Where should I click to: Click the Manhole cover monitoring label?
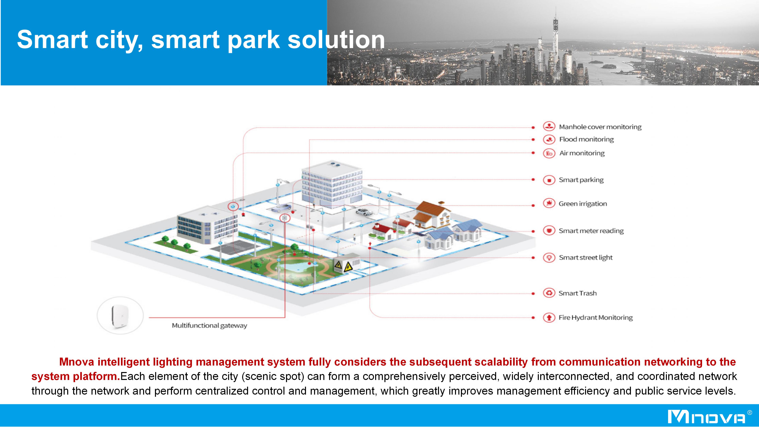point(600,127)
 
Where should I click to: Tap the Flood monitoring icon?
point(549,139)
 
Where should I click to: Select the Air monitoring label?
point(582,153)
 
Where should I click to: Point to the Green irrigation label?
point(583,204)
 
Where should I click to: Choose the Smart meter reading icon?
point(549,231)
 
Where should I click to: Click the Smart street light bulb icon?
point(549,258)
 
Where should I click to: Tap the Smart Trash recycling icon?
point(549,293)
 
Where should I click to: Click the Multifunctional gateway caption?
point(210,326)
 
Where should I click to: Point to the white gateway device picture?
point(120,315)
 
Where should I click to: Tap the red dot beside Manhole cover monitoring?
point(533,128)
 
